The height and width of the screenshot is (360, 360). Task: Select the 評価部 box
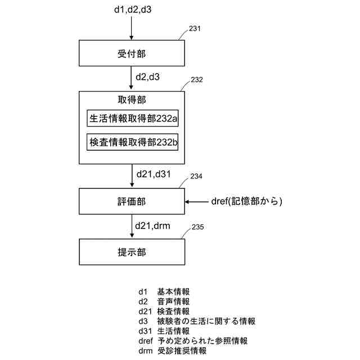[132, 201]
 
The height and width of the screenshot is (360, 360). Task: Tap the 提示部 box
[132, 253]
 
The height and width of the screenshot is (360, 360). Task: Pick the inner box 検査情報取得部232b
[133, 142]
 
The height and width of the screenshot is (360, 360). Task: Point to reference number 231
[195, 29]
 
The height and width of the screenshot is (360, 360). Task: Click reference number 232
[197, 80]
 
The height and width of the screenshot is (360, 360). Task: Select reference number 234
[196, 177]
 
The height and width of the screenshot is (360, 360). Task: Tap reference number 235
[197, 227]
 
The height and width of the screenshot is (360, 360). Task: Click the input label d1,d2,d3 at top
[132, 9]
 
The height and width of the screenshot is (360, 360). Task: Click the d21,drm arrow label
[152, 226]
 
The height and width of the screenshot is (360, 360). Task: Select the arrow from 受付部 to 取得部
[131, 78]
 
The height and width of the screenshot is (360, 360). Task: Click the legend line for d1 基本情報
[164, 291]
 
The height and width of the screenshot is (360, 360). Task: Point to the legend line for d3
[197, 321]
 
